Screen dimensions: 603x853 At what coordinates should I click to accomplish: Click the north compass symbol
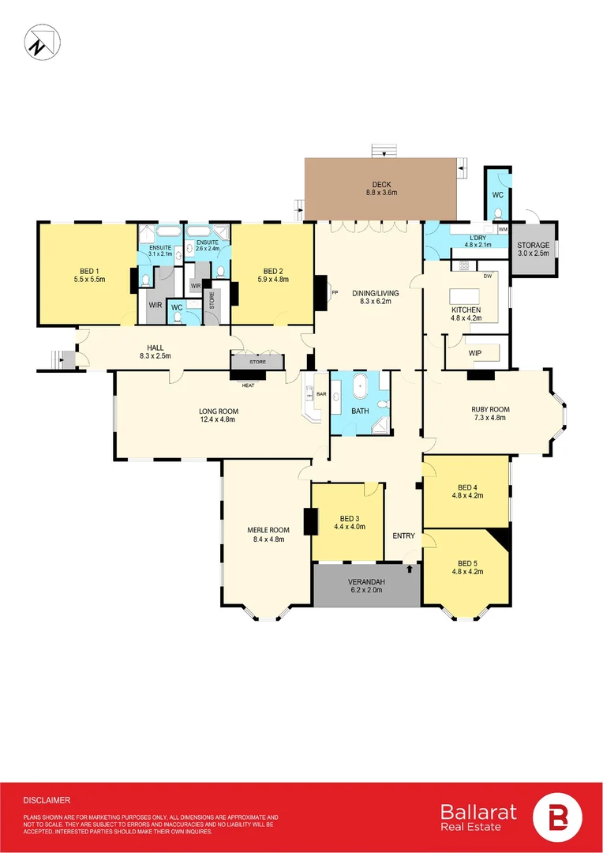[43, 43]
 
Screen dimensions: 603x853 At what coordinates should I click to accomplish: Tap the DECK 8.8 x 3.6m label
[381, 188]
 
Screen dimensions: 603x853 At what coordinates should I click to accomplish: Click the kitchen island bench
[466, 298]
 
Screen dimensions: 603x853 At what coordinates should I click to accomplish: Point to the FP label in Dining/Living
[335, 293]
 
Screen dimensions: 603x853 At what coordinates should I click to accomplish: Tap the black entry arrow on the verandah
[409, 569]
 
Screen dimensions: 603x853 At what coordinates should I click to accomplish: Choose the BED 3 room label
[350, 522]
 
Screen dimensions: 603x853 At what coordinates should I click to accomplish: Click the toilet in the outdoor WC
[498, 212]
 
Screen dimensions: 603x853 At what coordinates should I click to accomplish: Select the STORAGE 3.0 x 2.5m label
[533, 249]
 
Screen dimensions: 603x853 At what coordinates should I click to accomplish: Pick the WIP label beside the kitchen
[474, 353]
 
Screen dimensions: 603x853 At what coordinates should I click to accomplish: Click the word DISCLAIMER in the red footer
[47, 800]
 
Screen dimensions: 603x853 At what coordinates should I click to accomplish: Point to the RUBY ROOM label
[490, 413]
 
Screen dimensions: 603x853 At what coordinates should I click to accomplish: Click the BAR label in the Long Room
[321, 394]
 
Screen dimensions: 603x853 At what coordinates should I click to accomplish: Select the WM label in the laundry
[503, 229]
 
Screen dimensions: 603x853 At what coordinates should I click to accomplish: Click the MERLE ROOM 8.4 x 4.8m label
[268, 534]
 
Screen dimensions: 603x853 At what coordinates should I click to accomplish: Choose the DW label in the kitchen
[488, 276]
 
